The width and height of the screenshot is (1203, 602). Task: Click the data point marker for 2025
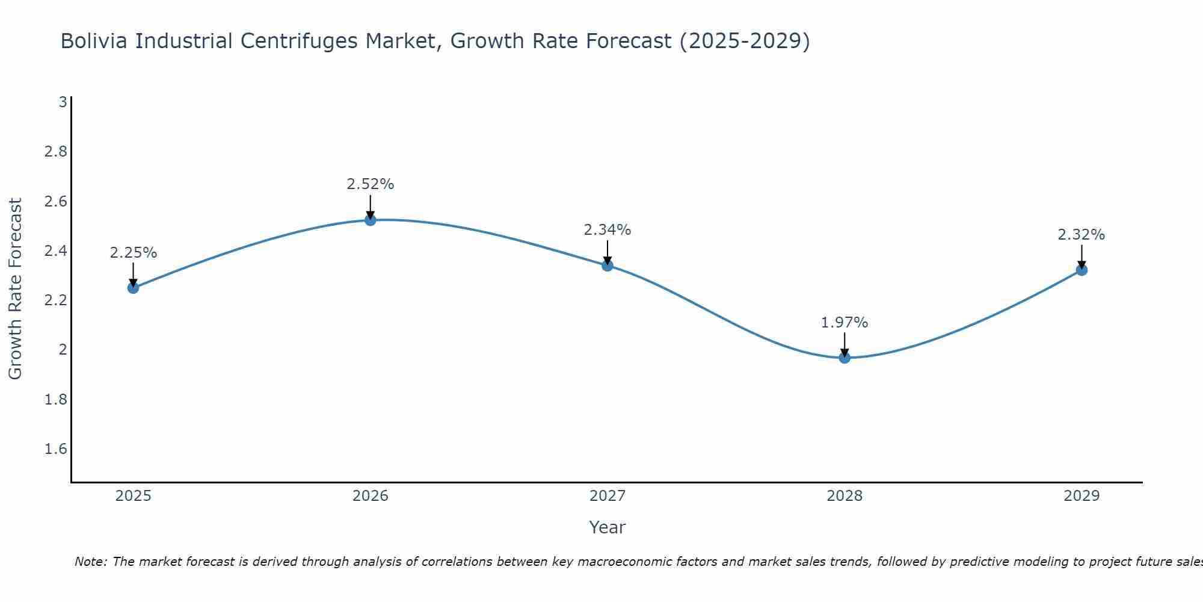(x=133, y=288)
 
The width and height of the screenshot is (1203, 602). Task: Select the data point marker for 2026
(x=371, y=220)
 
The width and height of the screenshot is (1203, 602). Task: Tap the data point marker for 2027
(x=608, y=265)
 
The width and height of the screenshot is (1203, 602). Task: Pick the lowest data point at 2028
(x=845, y=358)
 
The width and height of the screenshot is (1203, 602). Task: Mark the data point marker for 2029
(x=1081, y=270)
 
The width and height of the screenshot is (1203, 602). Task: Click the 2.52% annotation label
(x=371, y=184)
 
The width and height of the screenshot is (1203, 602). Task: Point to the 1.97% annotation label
(x=845, y=323)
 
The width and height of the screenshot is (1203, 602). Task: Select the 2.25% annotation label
(x=133, y=253)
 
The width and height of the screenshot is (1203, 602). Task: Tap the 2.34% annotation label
(x=608, y=230)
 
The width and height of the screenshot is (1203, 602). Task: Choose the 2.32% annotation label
(x=1081, y=235)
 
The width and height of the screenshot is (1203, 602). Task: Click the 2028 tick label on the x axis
(x=845, y=496)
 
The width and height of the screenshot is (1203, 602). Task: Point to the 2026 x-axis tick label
(x=371, y=496)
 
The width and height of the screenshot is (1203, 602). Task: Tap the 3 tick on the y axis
(x=63, y=102)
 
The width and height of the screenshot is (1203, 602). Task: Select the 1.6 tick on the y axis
(x=56, y=449)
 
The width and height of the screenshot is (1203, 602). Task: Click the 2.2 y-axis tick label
(x=56, y=300)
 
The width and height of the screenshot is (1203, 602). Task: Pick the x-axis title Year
(x=608, y=527)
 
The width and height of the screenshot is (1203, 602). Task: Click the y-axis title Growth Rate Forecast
(x=15, y=289)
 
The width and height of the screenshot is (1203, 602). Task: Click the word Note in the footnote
(x=90, y=562)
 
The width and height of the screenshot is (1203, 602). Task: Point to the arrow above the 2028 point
(x=845, y=344)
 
